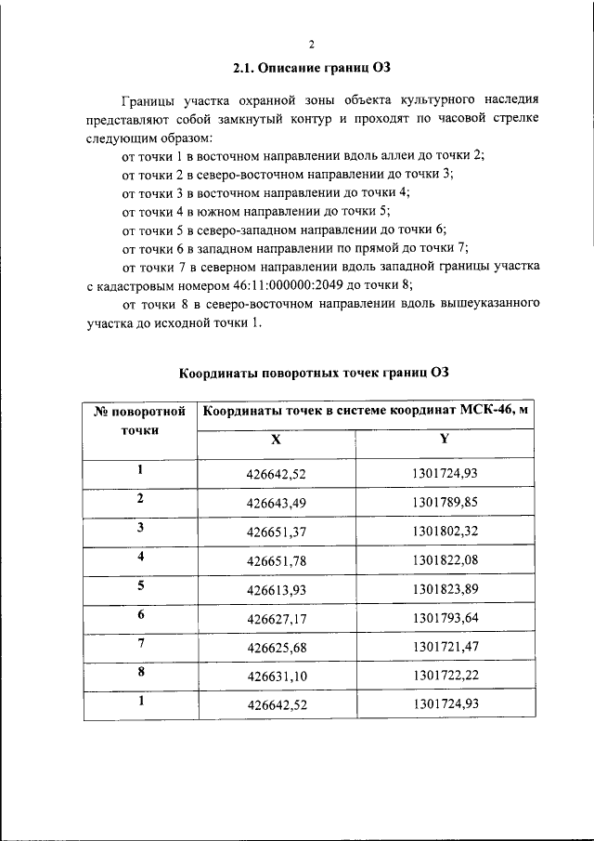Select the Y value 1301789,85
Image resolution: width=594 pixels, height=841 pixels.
click(x=445, y=502)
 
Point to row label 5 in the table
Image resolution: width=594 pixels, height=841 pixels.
click(x=140, y=586)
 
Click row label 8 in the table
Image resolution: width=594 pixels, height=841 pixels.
click(x=140, y=673)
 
